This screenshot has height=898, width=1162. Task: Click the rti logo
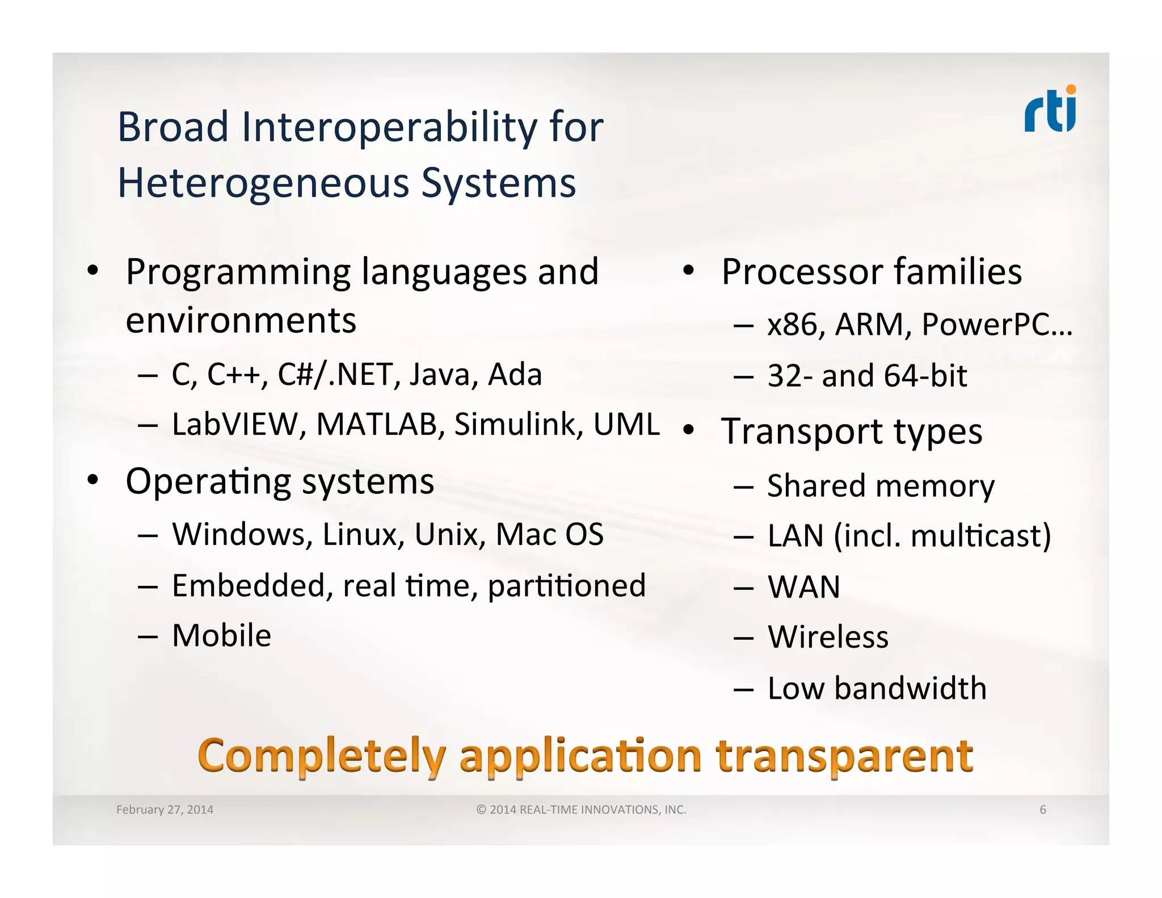[1050, 110]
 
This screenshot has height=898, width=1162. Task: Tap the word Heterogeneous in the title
[263, 183]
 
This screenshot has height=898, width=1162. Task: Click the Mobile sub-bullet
[221, 635]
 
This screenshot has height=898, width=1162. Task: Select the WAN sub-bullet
[803, 587]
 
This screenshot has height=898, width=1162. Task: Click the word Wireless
[828, 637]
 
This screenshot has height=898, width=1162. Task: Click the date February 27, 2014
[165, 810]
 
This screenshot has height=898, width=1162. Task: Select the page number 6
[1042, 810]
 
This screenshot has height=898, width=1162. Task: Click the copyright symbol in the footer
[481, 810]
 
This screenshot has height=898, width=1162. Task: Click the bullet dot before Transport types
[688, 430]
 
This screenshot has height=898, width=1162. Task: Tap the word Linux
[363, 535]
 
